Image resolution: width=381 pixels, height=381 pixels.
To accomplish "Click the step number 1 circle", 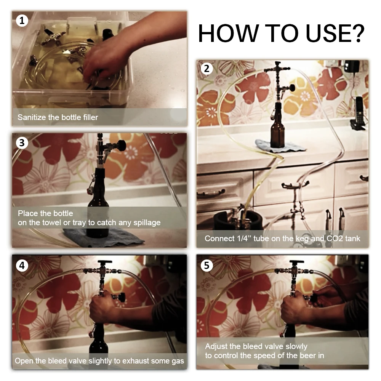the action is (x=22, y=21).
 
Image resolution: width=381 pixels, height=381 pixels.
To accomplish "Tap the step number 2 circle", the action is (x=207, y=69).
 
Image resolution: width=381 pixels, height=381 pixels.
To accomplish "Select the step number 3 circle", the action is (x=22, y=142).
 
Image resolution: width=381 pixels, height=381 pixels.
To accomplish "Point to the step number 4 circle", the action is (x=22, y=265).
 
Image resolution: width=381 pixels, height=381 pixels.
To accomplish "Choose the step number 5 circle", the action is (x=207, y=265).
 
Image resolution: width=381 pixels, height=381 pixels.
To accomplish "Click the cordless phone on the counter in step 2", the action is (x=358, y=114).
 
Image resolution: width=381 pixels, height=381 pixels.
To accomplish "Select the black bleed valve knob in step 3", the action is (x=121, y=145).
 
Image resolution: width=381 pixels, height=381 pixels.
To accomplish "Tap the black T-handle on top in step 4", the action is (x=104, y=262).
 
